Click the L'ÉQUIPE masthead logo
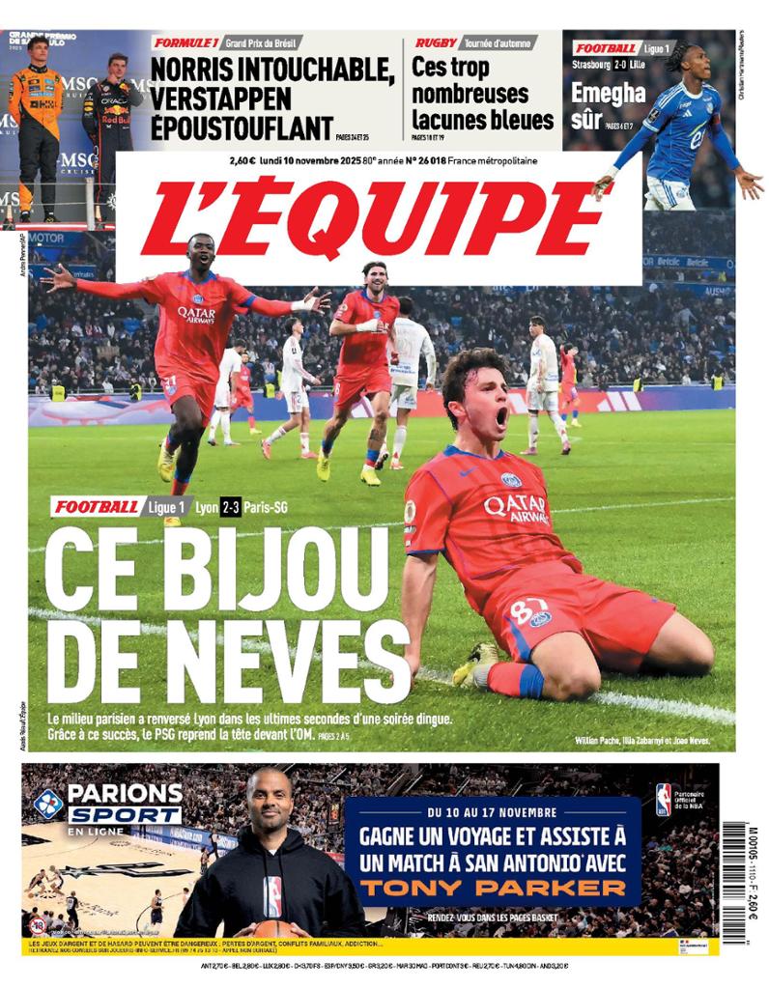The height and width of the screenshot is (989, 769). coord(378,218)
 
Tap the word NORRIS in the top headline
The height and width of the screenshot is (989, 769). coord(202,71)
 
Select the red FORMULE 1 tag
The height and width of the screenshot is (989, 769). coord(186,42)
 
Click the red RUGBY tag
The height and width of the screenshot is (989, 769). coord(437,42)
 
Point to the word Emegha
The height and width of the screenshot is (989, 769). coord(608,93)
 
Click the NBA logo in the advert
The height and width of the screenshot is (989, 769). coord(664,800)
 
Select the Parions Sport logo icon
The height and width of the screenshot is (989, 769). coord(48,803)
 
